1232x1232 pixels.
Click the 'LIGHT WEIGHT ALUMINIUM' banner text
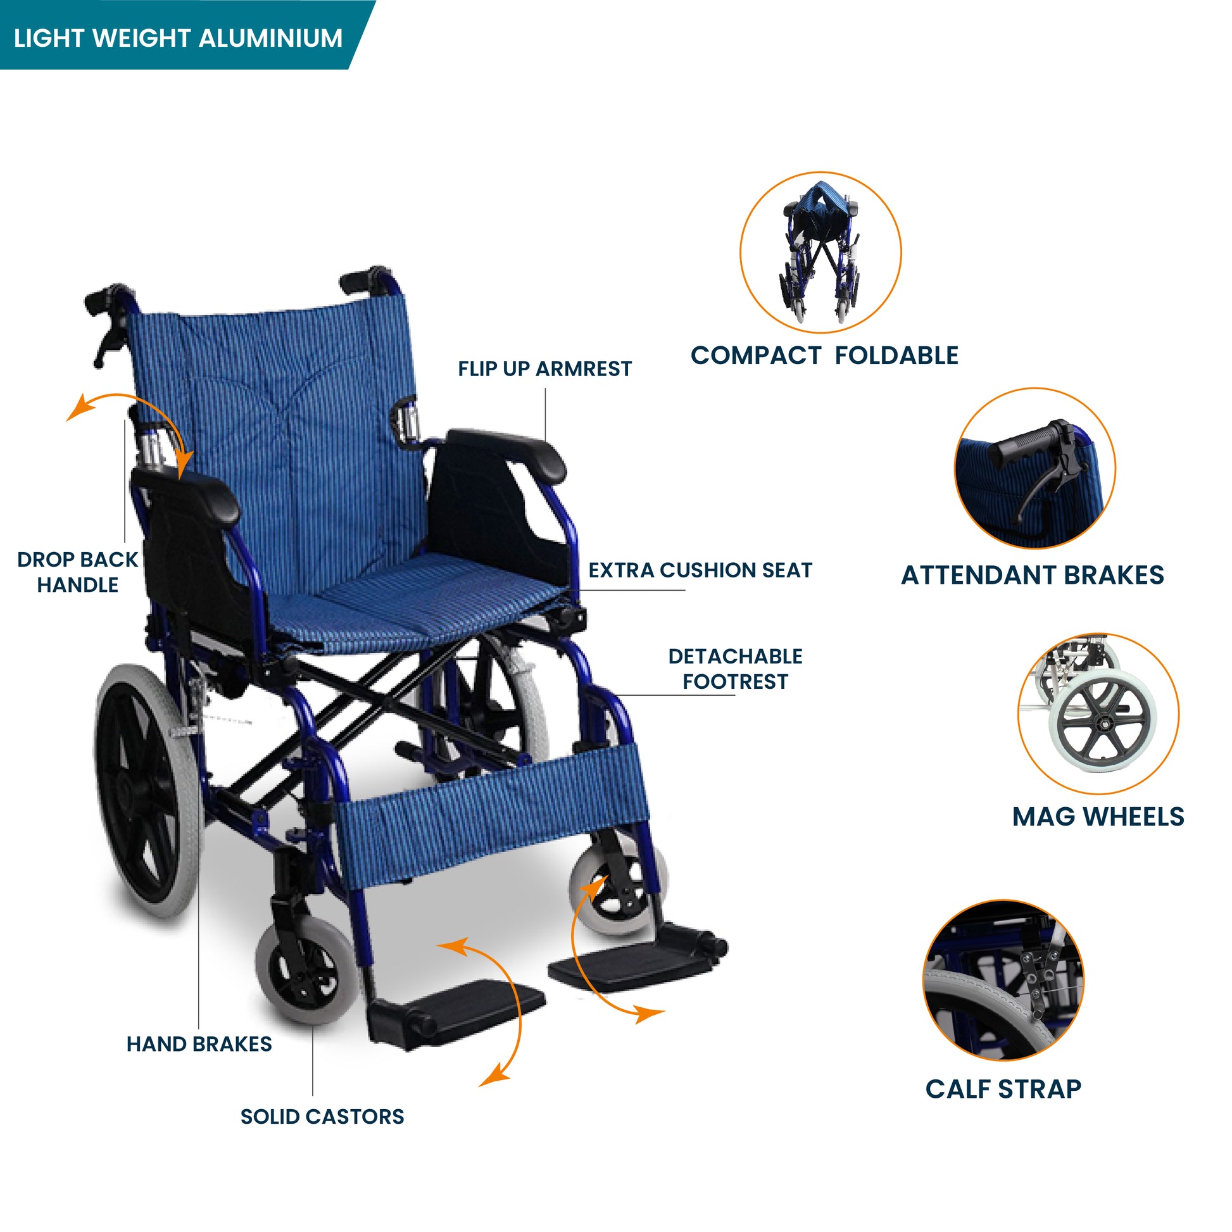pyautogui.click(x=178, y=38)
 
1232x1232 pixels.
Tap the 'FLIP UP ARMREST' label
pyautogui.click(x=544, y=368)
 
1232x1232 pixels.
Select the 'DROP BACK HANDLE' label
pyautogui.click(x=78, y=572)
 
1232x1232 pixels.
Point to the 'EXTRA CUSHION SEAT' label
pyautogui.click(x=700, y=570)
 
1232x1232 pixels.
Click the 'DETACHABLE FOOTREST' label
pyautogui.click(x=735, y=669)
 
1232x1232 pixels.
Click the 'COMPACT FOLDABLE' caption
pyautogui.click(x=824, y=355)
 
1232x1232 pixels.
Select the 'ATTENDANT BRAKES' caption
pyautogui.click(x=1033, y=575)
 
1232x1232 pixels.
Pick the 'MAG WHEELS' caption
pyautogui.click(x=1098, y=817)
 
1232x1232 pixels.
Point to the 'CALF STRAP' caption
pyautogui.click(x=1003, y=1089)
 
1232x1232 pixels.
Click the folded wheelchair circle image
pyautogui.click(x=820, y=253)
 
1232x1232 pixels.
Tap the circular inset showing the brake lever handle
pyautogui.click(x=1035, y=468)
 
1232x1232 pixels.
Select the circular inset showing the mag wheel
pyautogui.click(x=1098, y=713)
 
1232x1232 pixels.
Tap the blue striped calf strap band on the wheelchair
pyautogui.click(x=491, y=813)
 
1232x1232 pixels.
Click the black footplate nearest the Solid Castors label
pyautogui.click(x=456, y=1014)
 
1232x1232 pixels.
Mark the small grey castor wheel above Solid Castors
pyautogui.click(x=306, y=970)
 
